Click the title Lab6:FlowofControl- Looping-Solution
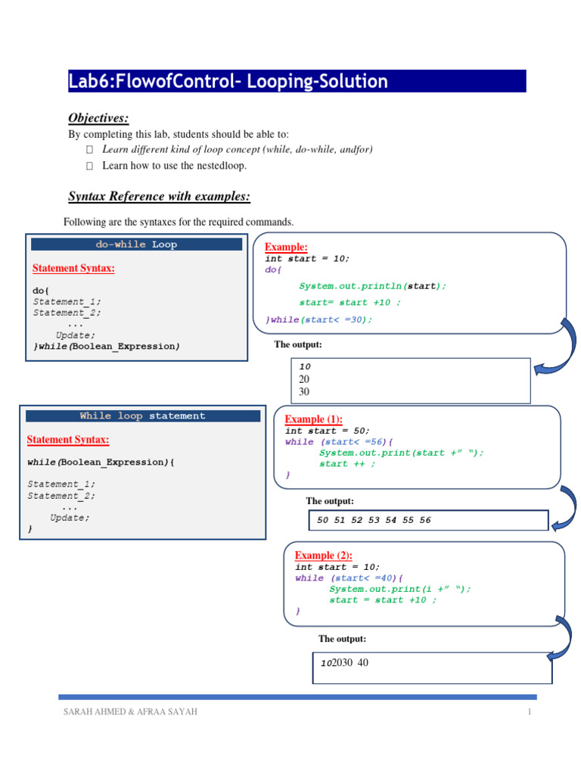point(228,82)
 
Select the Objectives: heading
point(99,117)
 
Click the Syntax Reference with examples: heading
point(159,197)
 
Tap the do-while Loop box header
point(136,244)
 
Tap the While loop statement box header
point(142,416)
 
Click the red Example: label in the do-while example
point(286,247)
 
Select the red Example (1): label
point(313,419)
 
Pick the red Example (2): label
point(324,555)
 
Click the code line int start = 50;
point(328,431)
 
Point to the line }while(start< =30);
point(319,319)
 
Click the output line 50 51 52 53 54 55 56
point(374,521)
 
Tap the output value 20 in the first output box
point(304,379)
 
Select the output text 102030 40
point(344,663)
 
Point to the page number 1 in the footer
point(530,712)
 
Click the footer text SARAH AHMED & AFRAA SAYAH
point(130,712)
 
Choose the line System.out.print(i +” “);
point(400,589)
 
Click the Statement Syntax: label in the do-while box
point(73,268)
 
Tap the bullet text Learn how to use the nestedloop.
point(175,165)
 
